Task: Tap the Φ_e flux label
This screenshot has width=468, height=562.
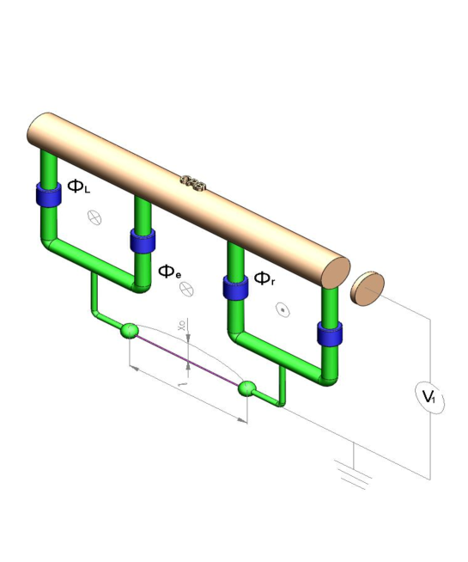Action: pyautogui.click(x=169, y=272)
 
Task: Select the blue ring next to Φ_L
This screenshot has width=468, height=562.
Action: pyautogui.click(x=48, y=194)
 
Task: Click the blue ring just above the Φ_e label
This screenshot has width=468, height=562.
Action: pyautogui.click(x=143, y=240)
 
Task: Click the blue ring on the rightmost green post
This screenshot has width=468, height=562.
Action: pyautogui.click(x=329, y=333)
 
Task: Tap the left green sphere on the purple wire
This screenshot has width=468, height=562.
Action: pyautogui.click(x=130, y=331)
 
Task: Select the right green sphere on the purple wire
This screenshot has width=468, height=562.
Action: pyautogui.click(x=247, y=389)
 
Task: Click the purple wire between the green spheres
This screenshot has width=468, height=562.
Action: pyautogui.click(x=189, y=360)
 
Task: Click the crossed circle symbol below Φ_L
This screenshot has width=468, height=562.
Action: pyautogui.click(x=94, y=218)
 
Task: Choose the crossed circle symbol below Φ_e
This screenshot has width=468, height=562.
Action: pyautogui.click(x=186, y=290)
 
